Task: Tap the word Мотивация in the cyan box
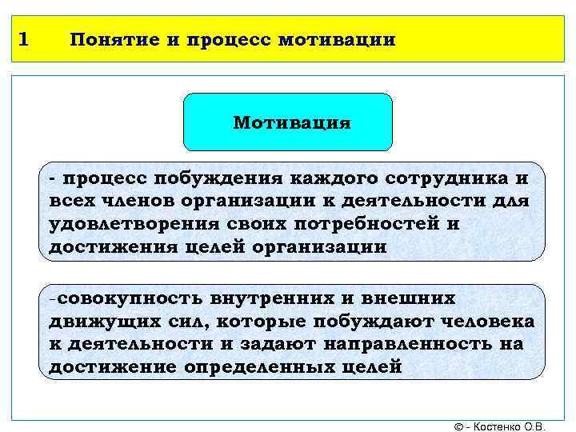click(292, 123)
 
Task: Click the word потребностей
click(366, 223)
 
